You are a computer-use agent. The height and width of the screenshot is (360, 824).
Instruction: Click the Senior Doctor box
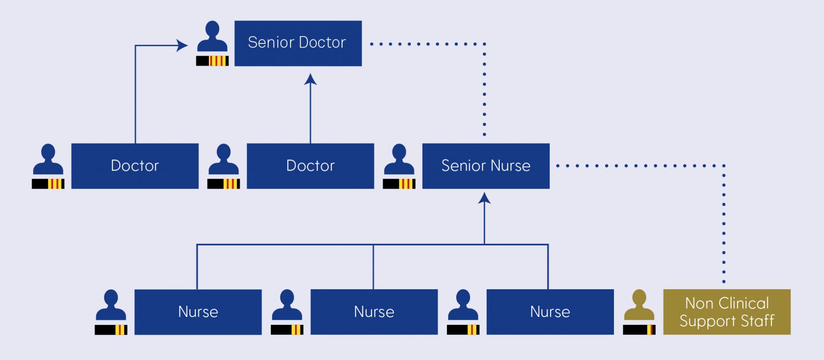pos(298,43)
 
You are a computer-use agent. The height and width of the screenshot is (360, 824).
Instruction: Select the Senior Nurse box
pos(486,166)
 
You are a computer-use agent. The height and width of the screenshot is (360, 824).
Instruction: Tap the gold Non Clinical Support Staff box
pos(727,312)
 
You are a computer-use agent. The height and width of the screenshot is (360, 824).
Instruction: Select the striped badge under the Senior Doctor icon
pos(212,61)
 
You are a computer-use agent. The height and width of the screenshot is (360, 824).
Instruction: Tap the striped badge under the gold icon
pos(639,330)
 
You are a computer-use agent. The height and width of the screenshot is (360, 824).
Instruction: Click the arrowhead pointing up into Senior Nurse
pos(484,198)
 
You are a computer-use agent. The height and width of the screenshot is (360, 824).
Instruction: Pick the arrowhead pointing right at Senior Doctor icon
pos(182,45)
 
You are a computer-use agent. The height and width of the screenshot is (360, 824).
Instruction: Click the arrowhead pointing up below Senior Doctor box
pos(310,79)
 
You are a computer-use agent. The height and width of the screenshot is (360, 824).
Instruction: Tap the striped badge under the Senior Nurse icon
pos(399,184)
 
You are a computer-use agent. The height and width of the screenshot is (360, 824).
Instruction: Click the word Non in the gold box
pos(699,303)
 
